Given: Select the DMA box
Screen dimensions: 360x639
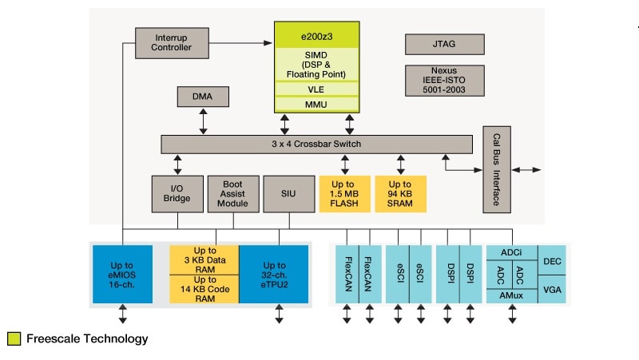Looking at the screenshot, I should tap(203, 96).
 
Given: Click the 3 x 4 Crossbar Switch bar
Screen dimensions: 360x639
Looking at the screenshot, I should tap(316, 144).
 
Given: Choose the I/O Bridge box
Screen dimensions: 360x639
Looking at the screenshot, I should tap(177, 194).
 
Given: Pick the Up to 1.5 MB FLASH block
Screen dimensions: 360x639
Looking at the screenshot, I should tap(345, 194).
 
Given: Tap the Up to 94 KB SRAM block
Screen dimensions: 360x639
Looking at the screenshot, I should tap(401, 194).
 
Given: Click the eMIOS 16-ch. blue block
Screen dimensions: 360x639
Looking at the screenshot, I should tap(122, 275).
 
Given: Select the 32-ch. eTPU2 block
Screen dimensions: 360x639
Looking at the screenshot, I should tap(274, 275).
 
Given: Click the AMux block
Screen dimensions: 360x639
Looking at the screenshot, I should tap(511, 296).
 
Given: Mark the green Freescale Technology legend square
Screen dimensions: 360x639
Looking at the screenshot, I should tap(14, 339).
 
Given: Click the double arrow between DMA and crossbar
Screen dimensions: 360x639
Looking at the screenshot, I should tap(203, 121).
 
